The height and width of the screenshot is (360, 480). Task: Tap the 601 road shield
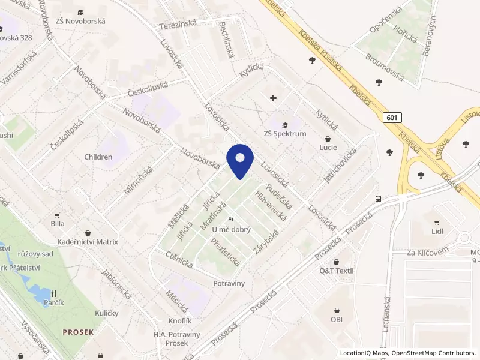click(x=391, y=118)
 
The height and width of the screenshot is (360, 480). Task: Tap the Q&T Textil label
click(x=336, y=271)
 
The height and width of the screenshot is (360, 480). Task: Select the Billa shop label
click(x=58, y=223)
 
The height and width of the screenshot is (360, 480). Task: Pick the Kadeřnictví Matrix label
click(x=88, y=242)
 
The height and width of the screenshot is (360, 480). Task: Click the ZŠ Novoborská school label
click(x=80, y=21)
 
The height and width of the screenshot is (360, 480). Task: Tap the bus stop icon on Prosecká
click(x=378, y=199)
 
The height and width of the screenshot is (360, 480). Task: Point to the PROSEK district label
click(x=78, y=331)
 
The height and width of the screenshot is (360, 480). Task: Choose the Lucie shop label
click(x=328, y=147)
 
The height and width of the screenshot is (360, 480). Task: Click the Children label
click(x=98, y=157)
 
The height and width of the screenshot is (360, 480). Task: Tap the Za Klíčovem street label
click(x=427, y=252)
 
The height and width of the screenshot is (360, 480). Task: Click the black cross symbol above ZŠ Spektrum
click(x=274, y=97)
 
